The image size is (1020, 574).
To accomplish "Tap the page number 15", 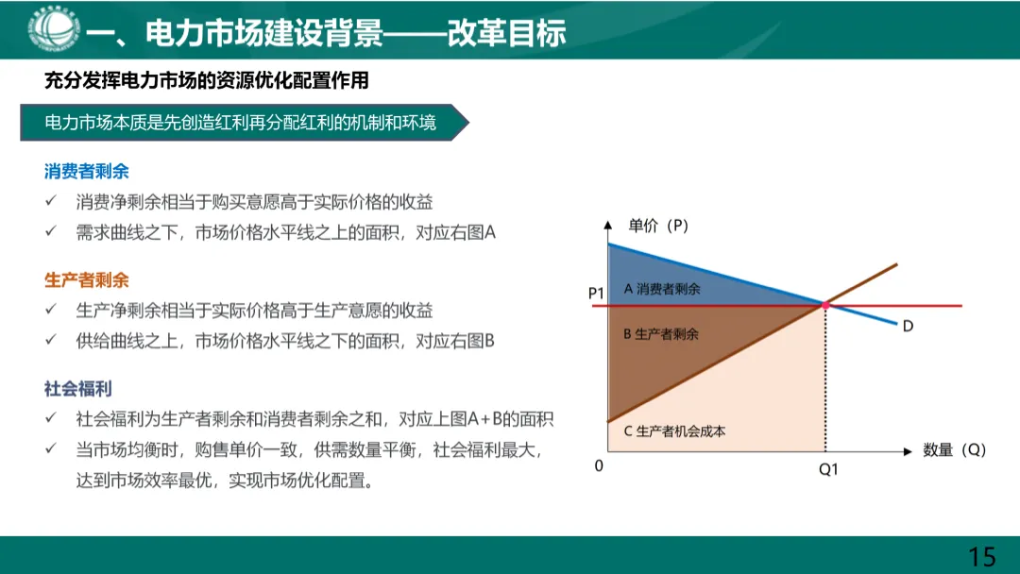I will click(982, 556).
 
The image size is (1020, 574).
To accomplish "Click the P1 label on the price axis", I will click(595, 294).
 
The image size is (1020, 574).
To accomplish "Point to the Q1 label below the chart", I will click(827, 470).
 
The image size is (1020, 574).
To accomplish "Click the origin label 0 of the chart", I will click(599, 466).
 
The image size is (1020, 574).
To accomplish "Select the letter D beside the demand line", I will click(908, 326).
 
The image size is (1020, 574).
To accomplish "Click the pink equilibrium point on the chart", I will click(825, 306).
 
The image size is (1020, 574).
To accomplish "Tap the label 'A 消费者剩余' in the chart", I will click(662, 289).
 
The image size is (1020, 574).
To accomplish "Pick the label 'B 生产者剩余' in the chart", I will click(661, 334).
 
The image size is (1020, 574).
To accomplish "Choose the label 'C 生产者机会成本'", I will click(674, 431).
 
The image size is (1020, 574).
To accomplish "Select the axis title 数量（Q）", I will click(954, 450).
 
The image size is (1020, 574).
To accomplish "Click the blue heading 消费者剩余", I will click(86, 172).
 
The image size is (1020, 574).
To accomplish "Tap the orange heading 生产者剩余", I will click(86, 280).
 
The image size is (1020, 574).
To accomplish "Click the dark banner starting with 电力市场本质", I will click(241, 123).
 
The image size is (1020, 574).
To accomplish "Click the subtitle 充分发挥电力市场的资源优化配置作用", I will click(206, 81).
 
